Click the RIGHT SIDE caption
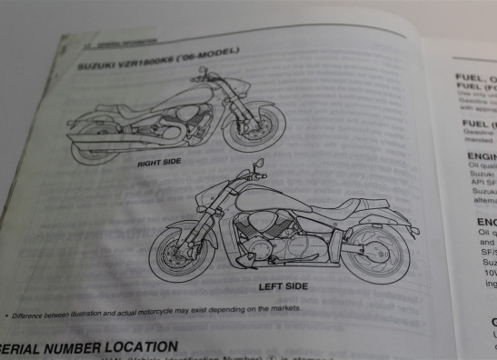pyautogui.click(x=159, y=163)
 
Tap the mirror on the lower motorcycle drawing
pyautogui.click(x=260, y=163)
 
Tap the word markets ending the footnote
pyautogui.click(x=283, y=309)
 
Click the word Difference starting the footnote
pyautogui.click(x=32, y=315)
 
